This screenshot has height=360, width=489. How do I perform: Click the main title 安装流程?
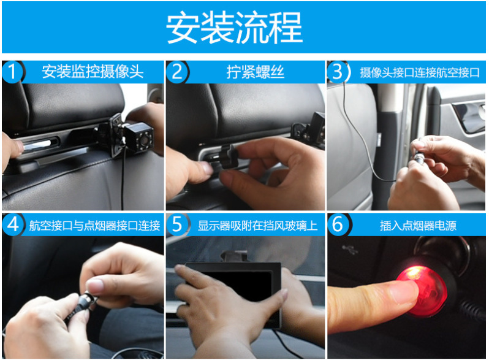click(x=234, y=28)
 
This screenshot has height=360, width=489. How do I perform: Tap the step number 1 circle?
click(x=12, y=72)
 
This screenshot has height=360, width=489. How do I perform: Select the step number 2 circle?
click(x=177, y=72)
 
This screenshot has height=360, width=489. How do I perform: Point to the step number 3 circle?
click(x=338, y=72)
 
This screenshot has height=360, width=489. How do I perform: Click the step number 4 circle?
click(x=12, y=224)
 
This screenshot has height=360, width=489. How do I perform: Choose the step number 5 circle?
click(x=177, y=224)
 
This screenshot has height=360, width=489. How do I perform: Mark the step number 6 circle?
click(x=338, y=224)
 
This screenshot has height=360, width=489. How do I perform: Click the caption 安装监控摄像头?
click(x=93, y=72)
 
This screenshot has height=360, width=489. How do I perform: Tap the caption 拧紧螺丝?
click(x=255, y=72)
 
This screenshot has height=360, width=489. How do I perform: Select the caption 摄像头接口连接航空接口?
click(x=420, y=72)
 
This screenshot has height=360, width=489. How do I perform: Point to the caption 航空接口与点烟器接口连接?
click(x=94, y=226)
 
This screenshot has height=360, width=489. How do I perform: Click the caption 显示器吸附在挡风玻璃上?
click(x=257, y=226)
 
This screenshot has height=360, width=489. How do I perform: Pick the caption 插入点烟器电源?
click(x=418, y=226)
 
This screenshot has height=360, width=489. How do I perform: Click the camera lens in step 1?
click(x=144, y=140)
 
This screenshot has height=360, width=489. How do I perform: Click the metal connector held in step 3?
click(x=419, y=157)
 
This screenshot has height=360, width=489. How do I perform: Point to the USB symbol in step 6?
click(x=349, y=249)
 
